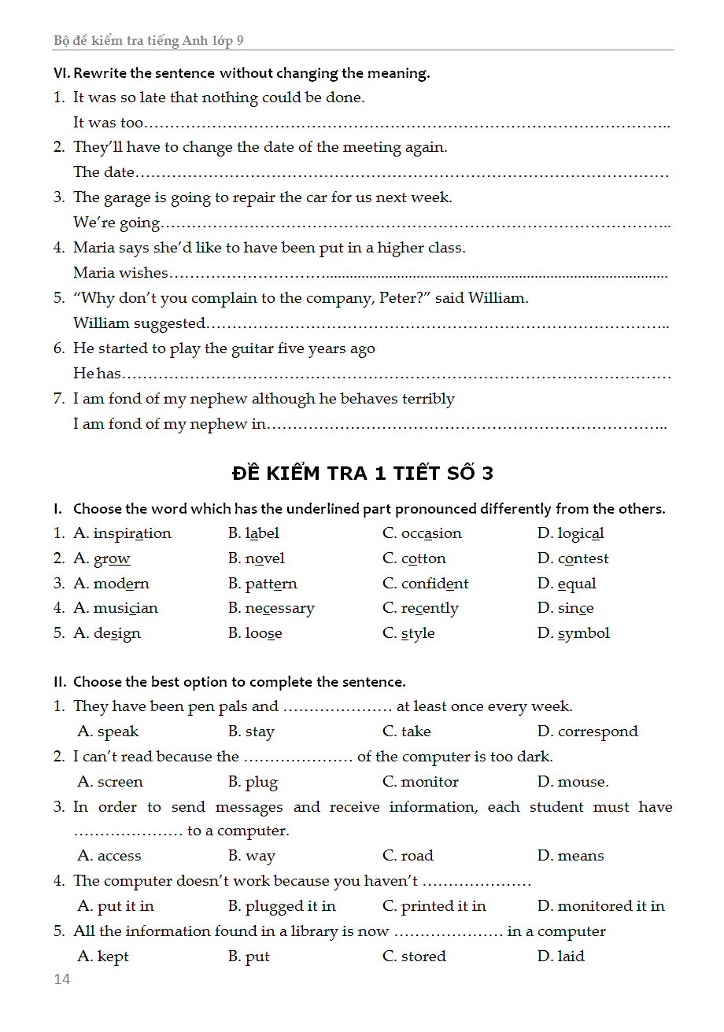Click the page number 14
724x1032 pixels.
pos(61,979)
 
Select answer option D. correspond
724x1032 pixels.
pos(587,732)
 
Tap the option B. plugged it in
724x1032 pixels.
pos(282,906)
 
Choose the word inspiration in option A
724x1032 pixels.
pos(131,533)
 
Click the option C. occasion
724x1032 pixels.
pos(422,533)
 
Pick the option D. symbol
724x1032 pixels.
pos(573,633)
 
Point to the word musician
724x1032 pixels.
pos(126,608)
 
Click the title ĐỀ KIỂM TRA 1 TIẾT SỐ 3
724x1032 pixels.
pos(363,473)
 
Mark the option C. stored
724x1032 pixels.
pos(414,956)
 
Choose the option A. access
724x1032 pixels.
pos(109,856)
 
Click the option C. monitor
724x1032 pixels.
pos(420,782)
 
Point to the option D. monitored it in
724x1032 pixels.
pos(600,906)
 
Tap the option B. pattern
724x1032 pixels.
pos(263,584)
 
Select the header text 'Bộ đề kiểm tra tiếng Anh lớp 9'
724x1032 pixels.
pos(154,41)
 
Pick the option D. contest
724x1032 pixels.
pos(573,558)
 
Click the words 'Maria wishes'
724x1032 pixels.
pos(120,273)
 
